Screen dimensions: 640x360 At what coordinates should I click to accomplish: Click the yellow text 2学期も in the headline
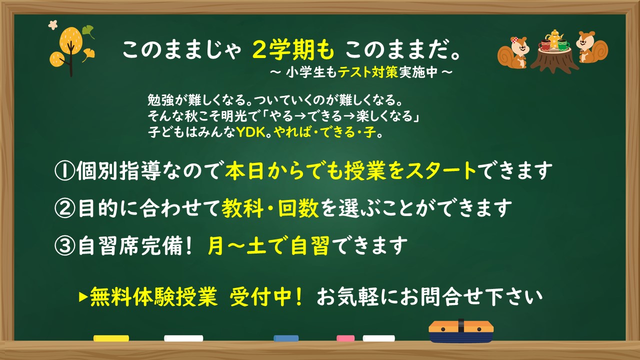(293, 49)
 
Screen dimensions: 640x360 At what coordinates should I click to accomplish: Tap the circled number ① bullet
(64, 171)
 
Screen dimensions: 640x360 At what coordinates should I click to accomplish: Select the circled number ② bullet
(64, 208)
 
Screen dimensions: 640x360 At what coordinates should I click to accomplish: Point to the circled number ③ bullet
(64, 245)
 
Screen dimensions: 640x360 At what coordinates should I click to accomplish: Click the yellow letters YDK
(251, 132)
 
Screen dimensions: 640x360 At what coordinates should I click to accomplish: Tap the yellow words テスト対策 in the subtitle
(368, 72)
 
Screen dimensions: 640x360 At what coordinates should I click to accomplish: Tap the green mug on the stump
(563, 45)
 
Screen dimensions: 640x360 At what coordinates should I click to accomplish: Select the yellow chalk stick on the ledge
(111, 338)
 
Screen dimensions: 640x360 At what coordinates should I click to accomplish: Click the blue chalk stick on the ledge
(286, 338)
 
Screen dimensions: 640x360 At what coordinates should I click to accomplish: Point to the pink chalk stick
(345, 338)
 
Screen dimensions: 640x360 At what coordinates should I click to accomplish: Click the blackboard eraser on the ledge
(461, 331)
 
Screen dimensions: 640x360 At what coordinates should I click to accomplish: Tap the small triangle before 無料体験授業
(83, 297)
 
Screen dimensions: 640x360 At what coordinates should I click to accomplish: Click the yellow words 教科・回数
(270, 208)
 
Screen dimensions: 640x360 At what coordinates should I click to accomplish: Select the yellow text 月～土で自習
(268, 245)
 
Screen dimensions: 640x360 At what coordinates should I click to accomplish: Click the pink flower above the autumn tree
(53, 25)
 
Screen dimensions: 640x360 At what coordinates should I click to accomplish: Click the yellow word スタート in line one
(441, 171)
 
